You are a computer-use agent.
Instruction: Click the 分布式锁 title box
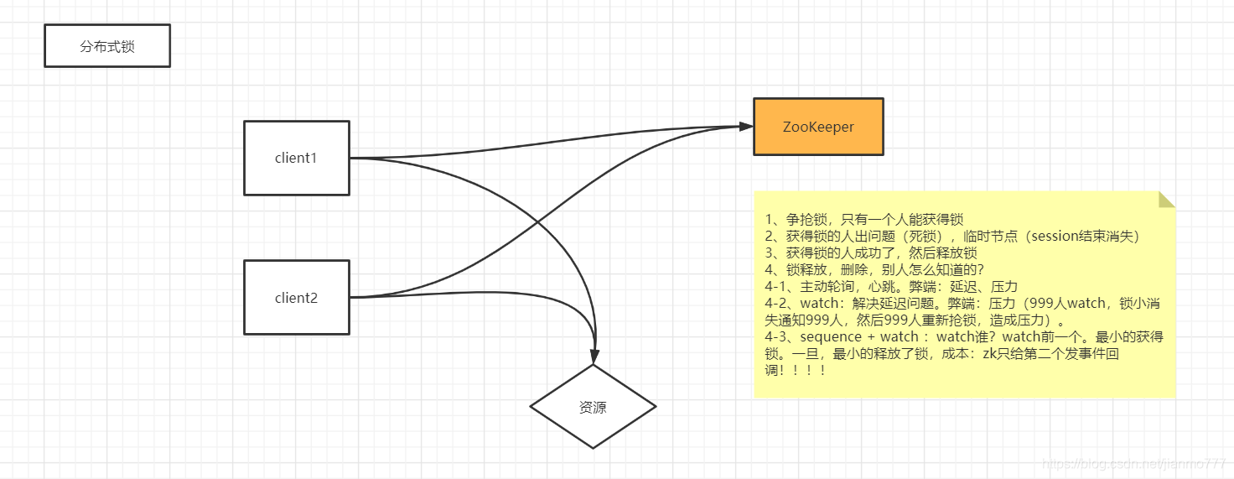point(107,46)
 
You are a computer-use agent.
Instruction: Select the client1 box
point(297,158)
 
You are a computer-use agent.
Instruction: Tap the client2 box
point(297,298)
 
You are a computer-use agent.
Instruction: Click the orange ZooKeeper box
point(818,127)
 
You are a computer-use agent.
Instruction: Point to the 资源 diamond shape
point(593,408)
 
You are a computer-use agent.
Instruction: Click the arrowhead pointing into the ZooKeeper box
point(746,127)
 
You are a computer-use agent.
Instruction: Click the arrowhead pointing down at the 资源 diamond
point(594,356)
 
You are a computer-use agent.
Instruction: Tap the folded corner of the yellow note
point(1167,199)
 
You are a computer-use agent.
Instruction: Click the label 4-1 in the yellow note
point(776,286)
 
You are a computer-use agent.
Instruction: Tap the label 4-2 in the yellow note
point(777,303)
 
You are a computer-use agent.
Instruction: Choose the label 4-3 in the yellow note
point(777,336)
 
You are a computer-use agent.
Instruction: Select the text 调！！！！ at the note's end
point(796,370)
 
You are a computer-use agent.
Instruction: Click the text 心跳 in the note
point(887,286)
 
